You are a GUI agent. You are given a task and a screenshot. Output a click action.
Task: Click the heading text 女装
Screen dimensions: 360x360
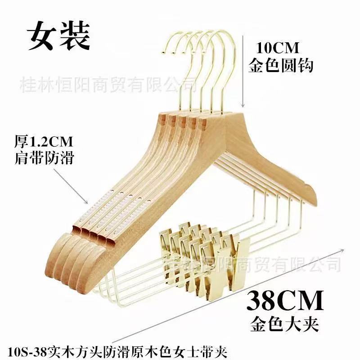point(58,36)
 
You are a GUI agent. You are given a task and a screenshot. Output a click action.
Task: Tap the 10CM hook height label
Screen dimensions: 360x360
point(277,48)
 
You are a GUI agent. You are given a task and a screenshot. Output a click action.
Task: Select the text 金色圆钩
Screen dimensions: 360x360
point(281,65)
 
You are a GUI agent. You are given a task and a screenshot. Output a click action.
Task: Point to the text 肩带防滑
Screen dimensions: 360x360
point(44,158)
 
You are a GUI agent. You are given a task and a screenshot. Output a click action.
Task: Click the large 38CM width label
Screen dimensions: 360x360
point(285,300)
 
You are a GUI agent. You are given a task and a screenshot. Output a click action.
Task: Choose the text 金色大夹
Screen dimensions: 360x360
point(284,324)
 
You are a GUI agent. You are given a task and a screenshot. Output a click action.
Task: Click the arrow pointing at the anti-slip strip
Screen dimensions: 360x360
point(71,186)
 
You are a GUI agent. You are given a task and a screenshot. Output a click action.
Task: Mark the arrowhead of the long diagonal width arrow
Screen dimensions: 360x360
point(342,250)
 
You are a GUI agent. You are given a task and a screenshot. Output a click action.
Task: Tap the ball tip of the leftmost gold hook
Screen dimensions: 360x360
point(163,53)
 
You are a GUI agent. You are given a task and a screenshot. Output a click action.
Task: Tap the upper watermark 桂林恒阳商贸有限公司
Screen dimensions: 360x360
point(108,85)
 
